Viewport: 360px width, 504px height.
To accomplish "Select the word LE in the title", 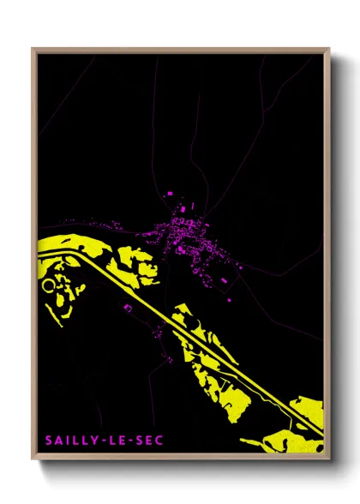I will click(x=116, y=441).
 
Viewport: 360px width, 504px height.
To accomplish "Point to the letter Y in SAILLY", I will click(x=94, y=441).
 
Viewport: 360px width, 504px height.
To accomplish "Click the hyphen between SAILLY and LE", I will click(x=103, y=441).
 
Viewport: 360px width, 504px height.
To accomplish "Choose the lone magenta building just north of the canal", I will click(x=127, y=307).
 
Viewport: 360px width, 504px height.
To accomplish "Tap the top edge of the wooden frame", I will click(x=180, y=50).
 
